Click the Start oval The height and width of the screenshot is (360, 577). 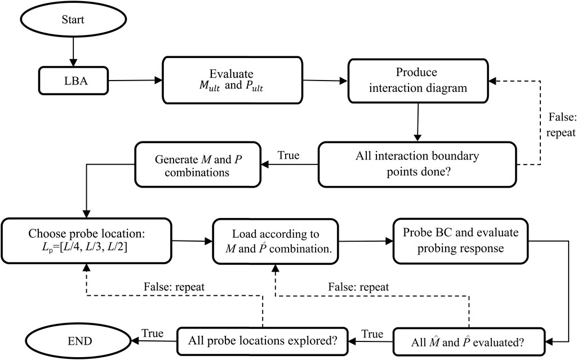point(73,19)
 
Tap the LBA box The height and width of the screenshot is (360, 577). point(73,81)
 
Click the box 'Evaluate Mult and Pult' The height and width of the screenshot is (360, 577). point(232,80)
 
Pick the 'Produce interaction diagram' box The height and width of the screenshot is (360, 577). point(418,81)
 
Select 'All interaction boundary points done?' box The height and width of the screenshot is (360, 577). point(418,164)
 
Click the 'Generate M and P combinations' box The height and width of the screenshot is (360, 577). point(198,165)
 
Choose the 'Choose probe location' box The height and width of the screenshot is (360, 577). point(86,241)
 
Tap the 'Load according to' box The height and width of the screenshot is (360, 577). point(276,242)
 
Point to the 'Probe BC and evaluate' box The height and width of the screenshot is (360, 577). point(460,241)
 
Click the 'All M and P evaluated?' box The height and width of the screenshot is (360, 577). point(468,342)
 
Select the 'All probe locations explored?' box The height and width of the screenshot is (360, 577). point(263,341)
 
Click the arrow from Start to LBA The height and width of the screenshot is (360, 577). point(73,52)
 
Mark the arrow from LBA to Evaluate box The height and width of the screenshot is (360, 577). point(135,80)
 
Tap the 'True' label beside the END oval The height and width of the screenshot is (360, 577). point(153,333)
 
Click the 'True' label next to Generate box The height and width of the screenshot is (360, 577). point(288,155)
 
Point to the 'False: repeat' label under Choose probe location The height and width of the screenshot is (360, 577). point(174,287)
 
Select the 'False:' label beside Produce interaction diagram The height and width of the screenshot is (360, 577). point(562,117)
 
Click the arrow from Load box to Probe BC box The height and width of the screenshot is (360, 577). point(366,241)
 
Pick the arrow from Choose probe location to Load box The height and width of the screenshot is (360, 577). point(192,241)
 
